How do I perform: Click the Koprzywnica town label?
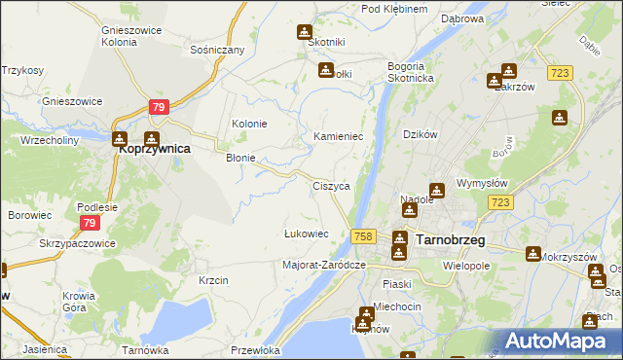[x=153, y=151]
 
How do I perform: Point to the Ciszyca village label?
[x=331, y=185]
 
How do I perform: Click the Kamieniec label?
[x=338, y=136]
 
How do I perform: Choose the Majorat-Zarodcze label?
[x=323, y=264]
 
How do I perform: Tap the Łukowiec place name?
[x=306, y=234]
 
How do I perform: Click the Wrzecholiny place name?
[x=49, y=140]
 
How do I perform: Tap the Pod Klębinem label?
[x=394, y=9]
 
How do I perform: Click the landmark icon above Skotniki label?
[x=305, y=32]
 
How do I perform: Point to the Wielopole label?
[x=465, y=264]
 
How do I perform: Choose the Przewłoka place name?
[x=256, y=349]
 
